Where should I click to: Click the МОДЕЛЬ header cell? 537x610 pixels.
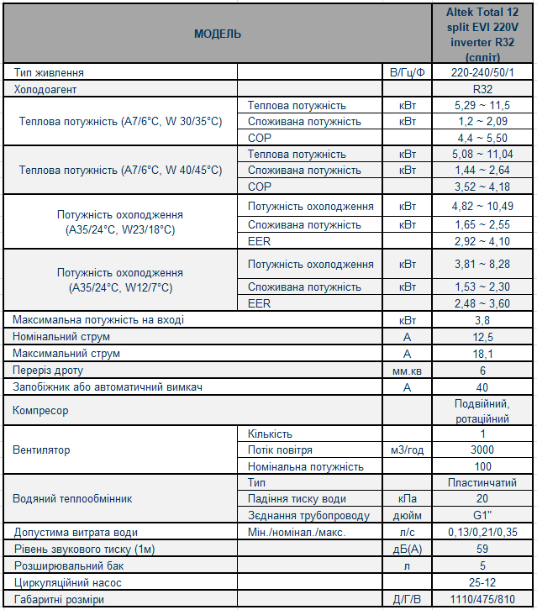(x=217, y=34)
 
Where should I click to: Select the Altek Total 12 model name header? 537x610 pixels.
(x=482, y=34)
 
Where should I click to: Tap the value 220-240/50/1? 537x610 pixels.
(x=482, y=73)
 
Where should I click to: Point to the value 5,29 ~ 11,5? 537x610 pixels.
(x=483, y=106)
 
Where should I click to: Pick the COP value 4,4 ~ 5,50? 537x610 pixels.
(x=483, y=138)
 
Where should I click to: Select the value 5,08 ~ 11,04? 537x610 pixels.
(x=483, y=155)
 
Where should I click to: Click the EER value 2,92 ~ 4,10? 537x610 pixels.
(x=483, y=241)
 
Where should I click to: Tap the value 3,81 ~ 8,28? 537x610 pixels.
(x=483, y=265)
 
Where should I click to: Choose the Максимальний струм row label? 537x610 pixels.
(x=55, y=354)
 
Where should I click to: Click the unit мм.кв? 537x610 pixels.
(x=407, y=371)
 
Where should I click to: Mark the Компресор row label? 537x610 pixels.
(x=41, y=411)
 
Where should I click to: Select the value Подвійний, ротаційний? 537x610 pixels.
(x=482, y=411)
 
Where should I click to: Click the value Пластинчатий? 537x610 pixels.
(x=482, y=483)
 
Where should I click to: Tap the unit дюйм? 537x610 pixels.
(x=407, y=516)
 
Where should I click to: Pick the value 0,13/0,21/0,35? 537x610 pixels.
(x=482, y=533)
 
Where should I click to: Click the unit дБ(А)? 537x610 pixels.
(x=407, y=550)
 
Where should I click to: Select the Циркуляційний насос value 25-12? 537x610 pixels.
(x=482, y=582)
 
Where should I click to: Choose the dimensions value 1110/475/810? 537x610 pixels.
(x=482, y=600)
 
